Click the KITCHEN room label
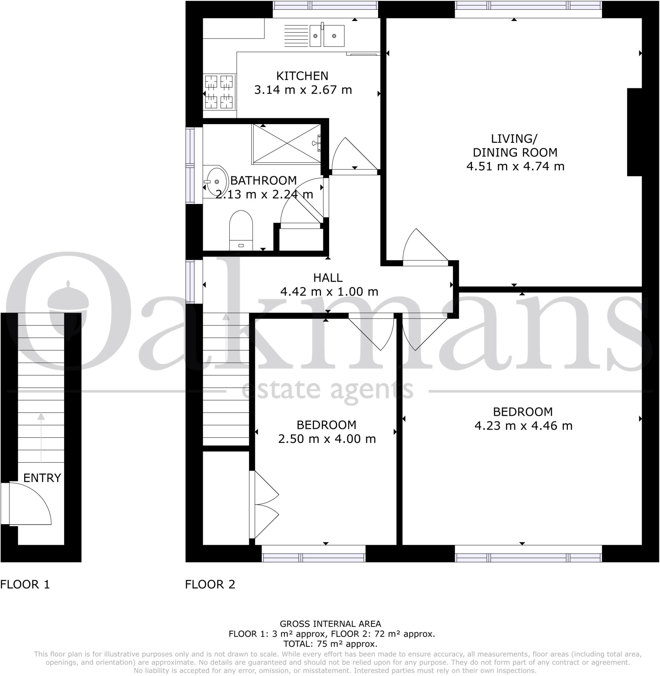pyautogui.click(x=302, y=76)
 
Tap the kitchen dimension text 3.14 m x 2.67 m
pyautogui.click(x=303, y=90)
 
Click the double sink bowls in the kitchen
pyautogui.click(x=327, y=36)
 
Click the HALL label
pyautogui.click(x=328, y=278)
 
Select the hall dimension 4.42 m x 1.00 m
pyautogui.click(x=329, y=292)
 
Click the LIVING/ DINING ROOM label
pyautogui.click(x=515, y=146)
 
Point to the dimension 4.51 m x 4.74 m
pyautogui.click(x=515, y=167)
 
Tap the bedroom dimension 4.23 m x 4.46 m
pyautogui.click(x=523, y=426)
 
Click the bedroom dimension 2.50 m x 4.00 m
pyautogui.click(x=327, y=439)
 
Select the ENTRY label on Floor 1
pyautogui.click(x=42, y=478)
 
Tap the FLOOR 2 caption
pyautogui.click(x=210, y=585)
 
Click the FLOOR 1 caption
pyautogui.click(x=25, y=585)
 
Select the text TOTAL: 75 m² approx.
pyautogui.click(x=330, y=644)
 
